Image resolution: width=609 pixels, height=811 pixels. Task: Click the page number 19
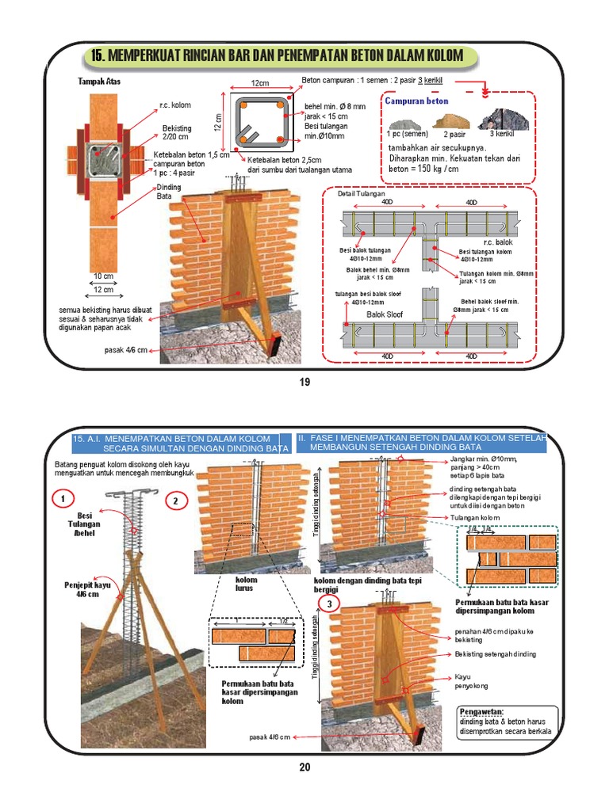point(303,383)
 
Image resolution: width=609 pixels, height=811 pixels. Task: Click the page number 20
point(305,766)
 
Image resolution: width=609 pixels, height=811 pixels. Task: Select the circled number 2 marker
point(177,501)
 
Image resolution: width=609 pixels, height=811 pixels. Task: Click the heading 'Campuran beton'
point(416,101)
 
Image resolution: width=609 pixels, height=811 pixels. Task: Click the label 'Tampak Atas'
point(99,82)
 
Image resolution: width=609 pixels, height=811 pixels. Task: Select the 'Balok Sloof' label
point(384,314)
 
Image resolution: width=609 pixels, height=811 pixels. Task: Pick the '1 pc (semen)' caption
point(408,134)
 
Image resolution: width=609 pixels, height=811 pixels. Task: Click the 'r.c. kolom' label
point(174,105)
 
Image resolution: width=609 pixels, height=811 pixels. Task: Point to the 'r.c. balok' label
point(499,242)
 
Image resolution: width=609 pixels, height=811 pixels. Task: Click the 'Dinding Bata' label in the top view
point(169,191)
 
